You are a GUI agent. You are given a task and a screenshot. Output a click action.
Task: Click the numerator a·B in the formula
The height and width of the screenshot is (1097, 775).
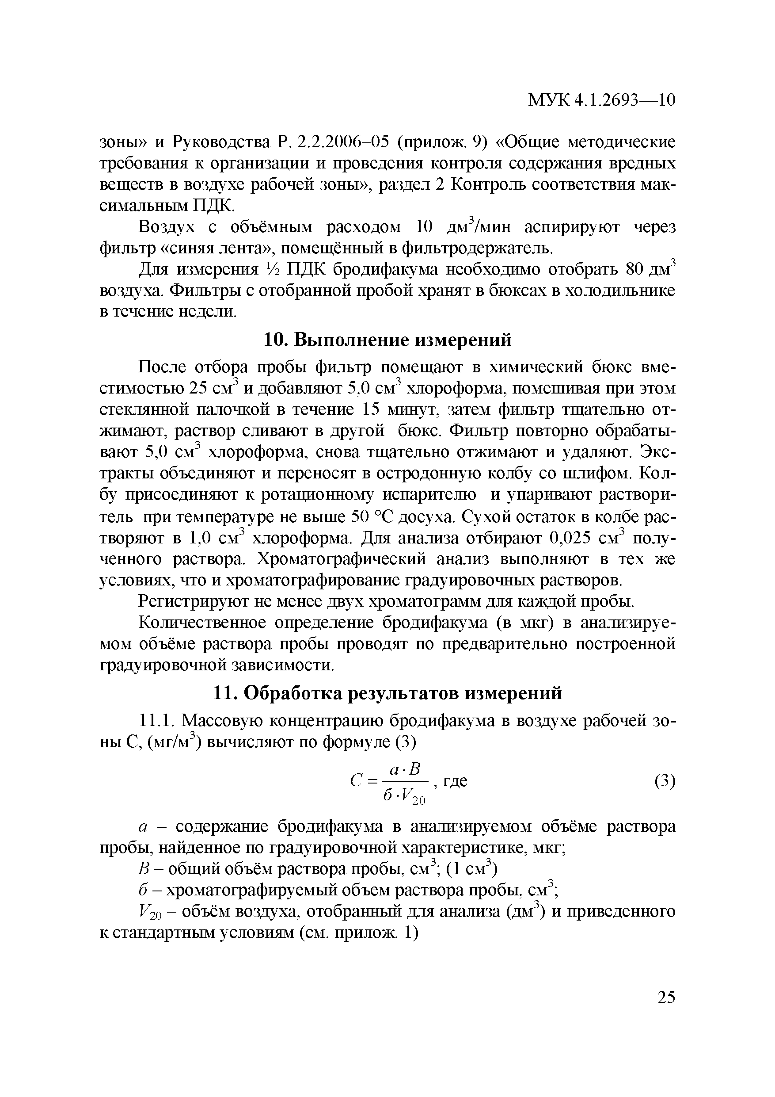pos(405,769)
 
